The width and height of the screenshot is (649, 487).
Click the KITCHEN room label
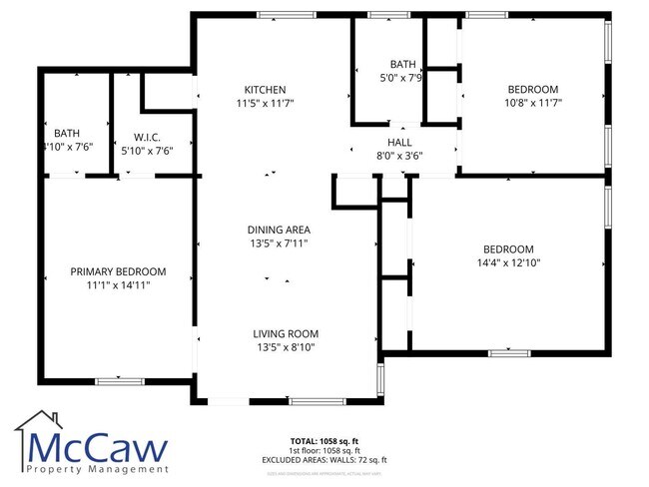[x=265, y=89]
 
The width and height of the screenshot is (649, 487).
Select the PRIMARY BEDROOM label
[x=118, y=271]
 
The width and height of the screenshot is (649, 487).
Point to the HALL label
[x=399, y=143]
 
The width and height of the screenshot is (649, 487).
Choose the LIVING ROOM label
[x=285, y=333]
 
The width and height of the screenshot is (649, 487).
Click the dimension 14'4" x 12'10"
[x=508, y=263]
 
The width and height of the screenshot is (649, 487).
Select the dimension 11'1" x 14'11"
[x=118, y=284]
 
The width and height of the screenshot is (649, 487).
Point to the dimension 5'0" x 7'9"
[x=402, y=77]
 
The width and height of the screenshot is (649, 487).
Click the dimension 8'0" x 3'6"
[x=399, y=156]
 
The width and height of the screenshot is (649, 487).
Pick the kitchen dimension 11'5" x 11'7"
[x=265, y=102]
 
